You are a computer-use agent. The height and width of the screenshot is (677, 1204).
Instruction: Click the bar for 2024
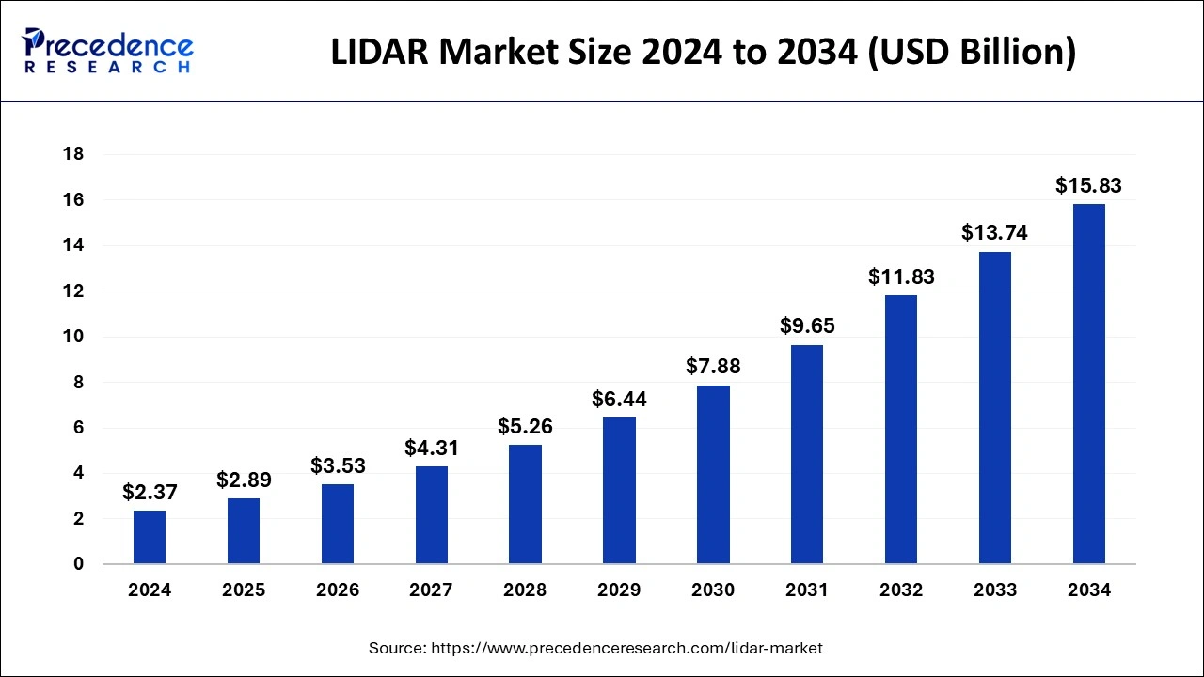point(150,537)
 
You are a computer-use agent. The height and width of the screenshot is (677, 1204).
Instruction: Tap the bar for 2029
point(619,491)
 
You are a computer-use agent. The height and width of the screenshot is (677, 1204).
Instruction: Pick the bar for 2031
point(807,454)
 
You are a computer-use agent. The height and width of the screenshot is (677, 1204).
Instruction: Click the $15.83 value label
point(1089,185)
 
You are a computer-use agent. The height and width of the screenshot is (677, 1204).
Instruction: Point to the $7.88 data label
point(713,367)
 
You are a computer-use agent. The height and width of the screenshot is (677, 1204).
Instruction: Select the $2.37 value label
point(150,492)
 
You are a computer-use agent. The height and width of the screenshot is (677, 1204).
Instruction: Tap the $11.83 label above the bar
point(901,276)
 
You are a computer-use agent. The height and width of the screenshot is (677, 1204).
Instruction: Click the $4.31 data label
point(432,448)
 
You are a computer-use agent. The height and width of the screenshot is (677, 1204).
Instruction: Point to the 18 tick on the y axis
point(72,154)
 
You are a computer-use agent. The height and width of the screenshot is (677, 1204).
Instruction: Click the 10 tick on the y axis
point(72,337)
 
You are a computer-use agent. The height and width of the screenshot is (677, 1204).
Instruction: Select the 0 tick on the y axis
point(78,564)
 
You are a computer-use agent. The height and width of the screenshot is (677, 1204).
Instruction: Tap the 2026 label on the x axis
point(338,590)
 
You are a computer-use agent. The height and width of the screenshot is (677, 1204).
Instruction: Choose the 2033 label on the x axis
point(995,590)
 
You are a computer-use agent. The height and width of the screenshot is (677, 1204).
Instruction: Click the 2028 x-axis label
point(526,590)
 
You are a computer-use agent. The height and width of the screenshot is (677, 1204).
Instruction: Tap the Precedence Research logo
point(109,51)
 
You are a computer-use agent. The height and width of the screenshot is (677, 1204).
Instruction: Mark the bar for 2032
point(901,430)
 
